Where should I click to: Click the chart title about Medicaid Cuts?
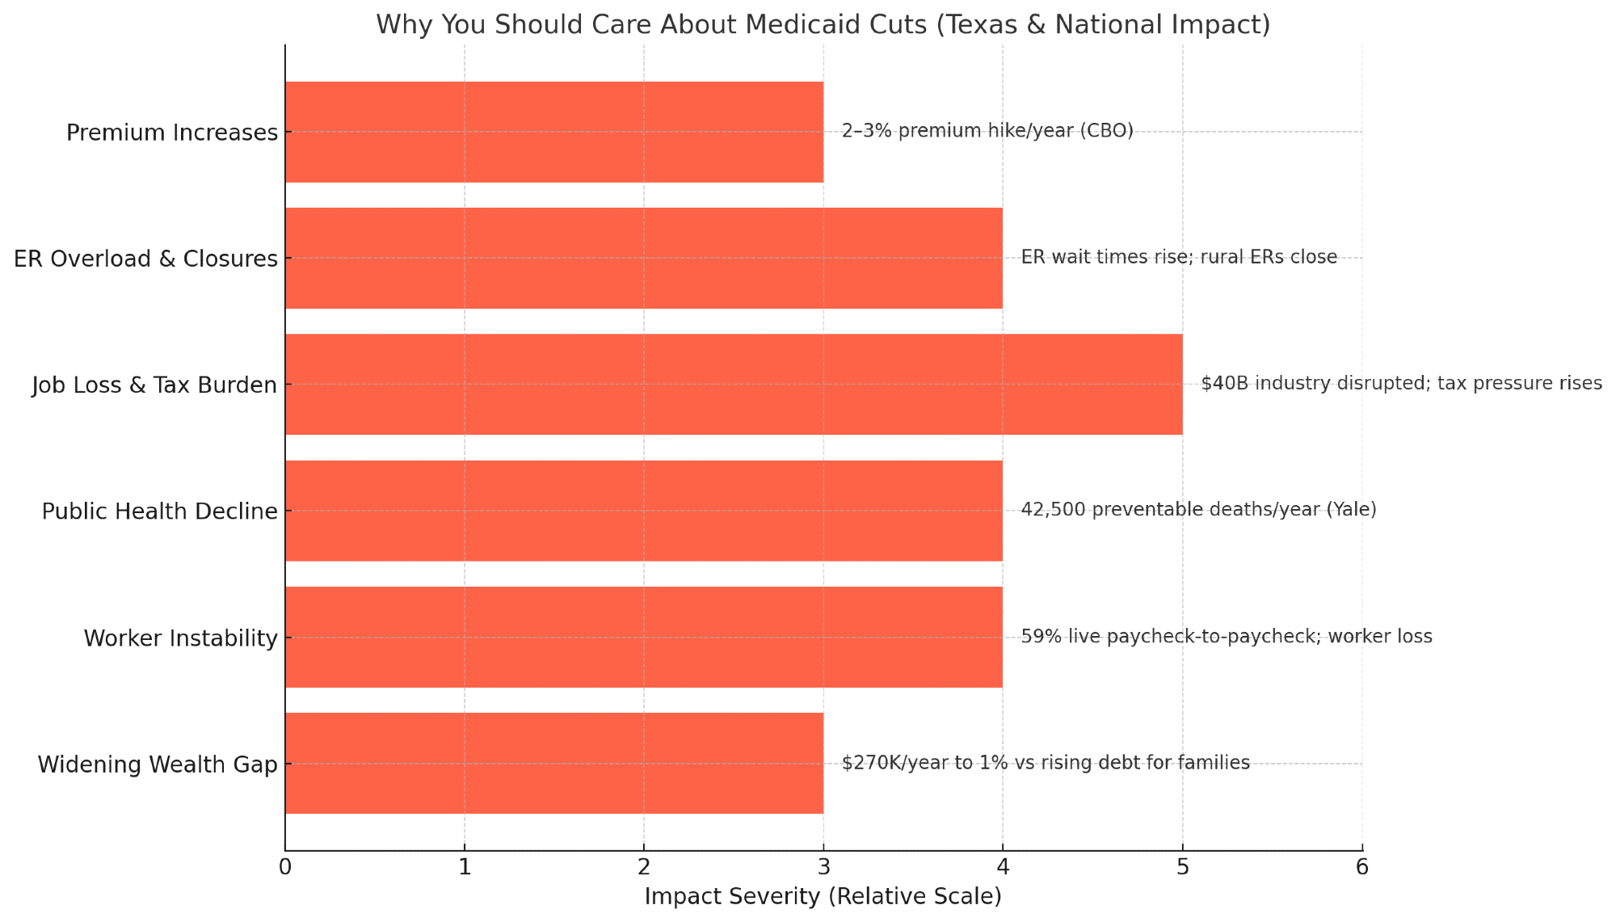coord(823,25)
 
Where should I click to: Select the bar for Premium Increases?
coord(554,132)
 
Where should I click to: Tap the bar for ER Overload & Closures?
coord(644,258)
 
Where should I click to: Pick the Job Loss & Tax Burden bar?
coord(734,385)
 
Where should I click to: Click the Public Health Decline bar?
coord(644,511)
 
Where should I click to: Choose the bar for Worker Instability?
coord(644,638)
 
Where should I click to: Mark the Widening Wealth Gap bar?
coord(554,764)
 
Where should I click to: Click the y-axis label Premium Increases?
coord(172,133)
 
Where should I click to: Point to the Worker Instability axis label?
coord(181,638)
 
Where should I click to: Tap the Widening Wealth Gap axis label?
coord(158,764)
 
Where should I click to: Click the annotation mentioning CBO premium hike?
coord(987,131)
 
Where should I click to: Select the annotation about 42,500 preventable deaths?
coord(1198,510)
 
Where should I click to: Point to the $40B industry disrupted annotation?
coord(1401,384)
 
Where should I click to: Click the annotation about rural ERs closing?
coord(1179,258)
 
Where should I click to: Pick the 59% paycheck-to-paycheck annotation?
coord(1227,637)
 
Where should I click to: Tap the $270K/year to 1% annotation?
coord(1046,763)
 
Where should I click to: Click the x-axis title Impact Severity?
coord(823,897)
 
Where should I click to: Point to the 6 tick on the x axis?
coord(1362,868)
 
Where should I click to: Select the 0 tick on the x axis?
coord(285,868)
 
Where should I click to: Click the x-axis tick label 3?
coord(823,868)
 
